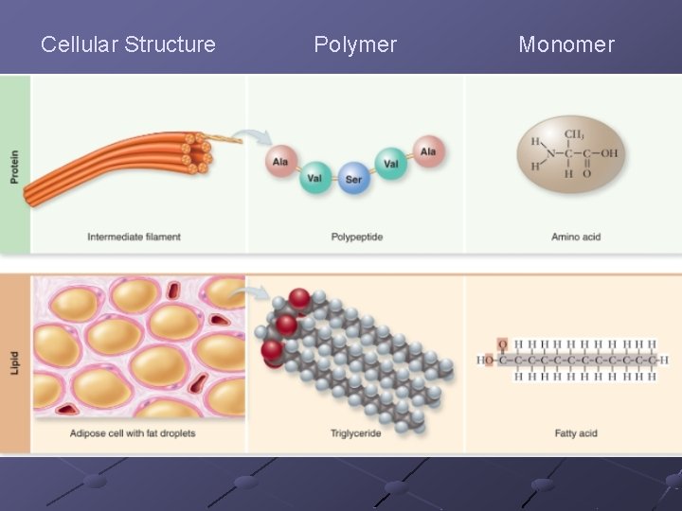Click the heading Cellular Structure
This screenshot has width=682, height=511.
[x=128, y=44]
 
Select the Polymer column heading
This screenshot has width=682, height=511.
[x=355, y=44]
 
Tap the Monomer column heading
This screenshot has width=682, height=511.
[x=566, y=44]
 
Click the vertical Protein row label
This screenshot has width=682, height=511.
[x=14, y=167]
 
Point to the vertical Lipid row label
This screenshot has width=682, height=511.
[x=14, y=364]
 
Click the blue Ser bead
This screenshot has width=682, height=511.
[x=353, y=179]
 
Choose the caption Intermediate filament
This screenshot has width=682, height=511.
[x=135, y=237]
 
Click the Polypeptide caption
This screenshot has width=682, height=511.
[x=357, y=237]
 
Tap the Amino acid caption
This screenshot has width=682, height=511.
[x=576, y=237]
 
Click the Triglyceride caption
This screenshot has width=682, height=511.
[x=357, y=433]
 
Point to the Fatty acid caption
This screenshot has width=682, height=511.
[x=576, y=433]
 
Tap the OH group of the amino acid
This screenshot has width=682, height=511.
[x=608, y=152]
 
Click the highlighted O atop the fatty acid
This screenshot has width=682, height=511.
[x=503, y=344]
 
